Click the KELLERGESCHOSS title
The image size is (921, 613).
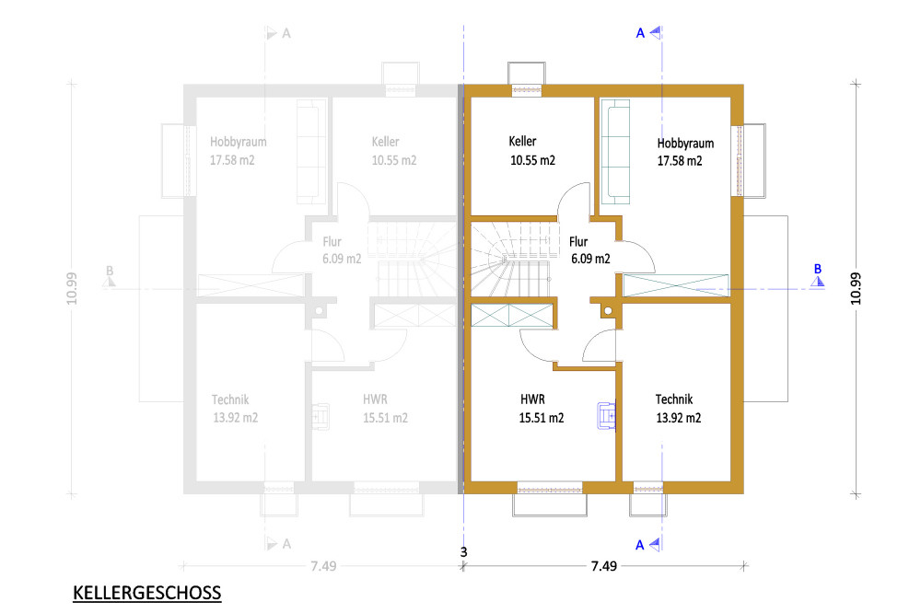coord(146,593)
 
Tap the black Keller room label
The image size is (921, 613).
coord(522,142)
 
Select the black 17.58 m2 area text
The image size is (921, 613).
coord(680,161)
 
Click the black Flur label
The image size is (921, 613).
coord(578,241)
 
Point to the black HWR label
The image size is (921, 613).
coord(532,399)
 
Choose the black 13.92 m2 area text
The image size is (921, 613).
coord(679,418)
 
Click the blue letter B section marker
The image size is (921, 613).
coord(818,270)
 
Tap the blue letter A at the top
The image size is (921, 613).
coord(640,33)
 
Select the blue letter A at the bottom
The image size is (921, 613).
coord(640,546)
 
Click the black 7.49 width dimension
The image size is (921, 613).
coord(604,566)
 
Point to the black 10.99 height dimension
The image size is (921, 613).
coord(856,288)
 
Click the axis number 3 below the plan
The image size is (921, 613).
coord(463,552)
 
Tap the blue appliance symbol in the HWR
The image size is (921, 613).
coord(606,416)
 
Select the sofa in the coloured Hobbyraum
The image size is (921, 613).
coord(615,152)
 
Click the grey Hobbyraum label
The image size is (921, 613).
coord(238,142)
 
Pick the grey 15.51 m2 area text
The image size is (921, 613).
coord(385,418)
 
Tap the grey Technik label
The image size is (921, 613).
coord(230,399)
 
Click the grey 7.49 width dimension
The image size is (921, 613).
coord(323,566)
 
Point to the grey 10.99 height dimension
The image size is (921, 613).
coord(71,288)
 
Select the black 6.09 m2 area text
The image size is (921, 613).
coord(590,259)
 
